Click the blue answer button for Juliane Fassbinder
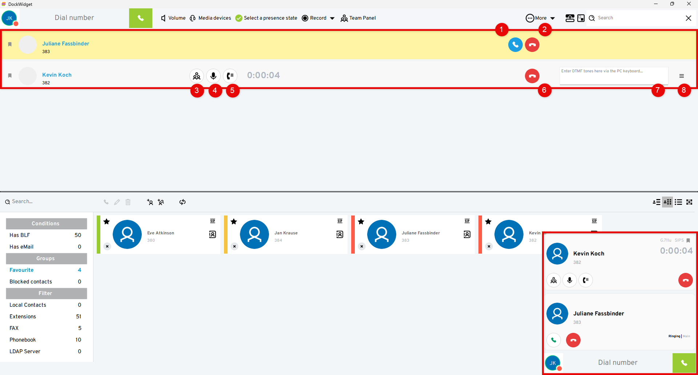515,45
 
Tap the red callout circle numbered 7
658,90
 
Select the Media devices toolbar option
210,18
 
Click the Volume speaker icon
164,18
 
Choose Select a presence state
266,18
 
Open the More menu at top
540,18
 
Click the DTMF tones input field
614,76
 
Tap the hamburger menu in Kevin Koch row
682,76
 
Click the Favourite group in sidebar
21,270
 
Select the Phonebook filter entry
23,340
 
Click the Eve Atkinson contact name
161,233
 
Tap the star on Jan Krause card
234,222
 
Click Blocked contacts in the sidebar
31,282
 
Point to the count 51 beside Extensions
79,316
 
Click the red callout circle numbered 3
197,90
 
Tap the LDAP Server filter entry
25,351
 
